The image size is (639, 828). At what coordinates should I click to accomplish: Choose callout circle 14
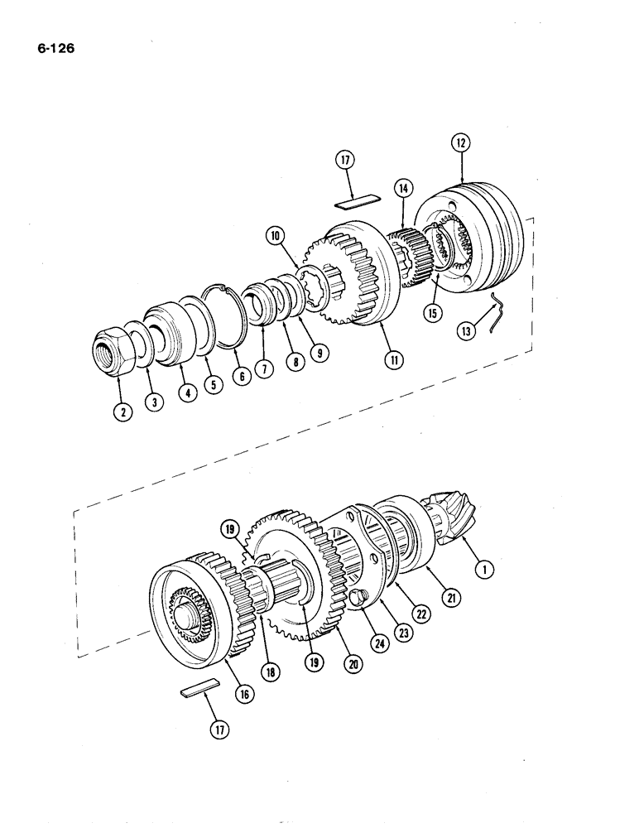403,188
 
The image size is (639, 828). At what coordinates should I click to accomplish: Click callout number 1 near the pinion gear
484,569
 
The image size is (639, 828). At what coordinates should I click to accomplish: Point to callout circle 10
276,236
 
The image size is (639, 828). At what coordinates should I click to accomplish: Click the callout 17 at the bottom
219,729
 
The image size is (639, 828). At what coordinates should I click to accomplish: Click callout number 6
241,375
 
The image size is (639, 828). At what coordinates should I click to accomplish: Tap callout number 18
269,672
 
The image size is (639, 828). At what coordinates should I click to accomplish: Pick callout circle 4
187,395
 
